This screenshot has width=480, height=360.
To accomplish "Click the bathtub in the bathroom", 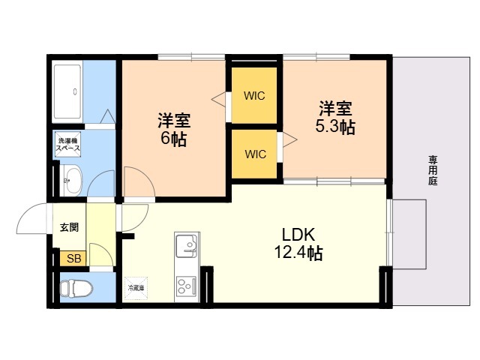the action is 67,91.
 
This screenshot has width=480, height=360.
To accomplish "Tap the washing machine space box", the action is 68,144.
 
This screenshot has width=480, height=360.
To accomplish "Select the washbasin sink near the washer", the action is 70,180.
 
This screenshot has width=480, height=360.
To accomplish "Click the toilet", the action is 76,288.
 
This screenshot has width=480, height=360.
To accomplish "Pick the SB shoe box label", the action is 73,259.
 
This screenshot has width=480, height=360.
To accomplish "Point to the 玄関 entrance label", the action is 69,227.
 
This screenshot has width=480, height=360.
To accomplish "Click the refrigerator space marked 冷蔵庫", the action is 136,288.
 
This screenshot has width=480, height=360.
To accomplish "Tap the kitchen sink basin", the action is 187,246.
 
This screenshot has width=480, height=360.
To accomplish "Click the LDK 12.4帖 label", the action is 298,244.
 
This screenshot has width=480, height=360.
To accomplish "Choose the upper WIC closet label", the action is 254,96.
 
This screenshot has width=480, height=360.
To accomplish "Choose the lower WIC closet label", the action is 255,154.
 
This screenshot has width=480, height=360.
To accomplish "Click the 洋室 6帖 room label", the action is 174,130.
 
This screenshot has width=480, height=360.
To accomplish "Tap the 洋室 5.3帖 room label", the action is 335,118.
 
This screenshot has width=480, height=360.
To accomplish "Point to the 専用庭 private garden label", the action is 433,170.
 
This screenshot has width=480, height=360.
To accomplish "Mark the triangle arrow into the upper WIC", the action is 219,99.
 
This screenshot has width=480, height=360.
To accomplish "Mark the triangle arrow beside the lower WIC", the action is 290,140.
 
